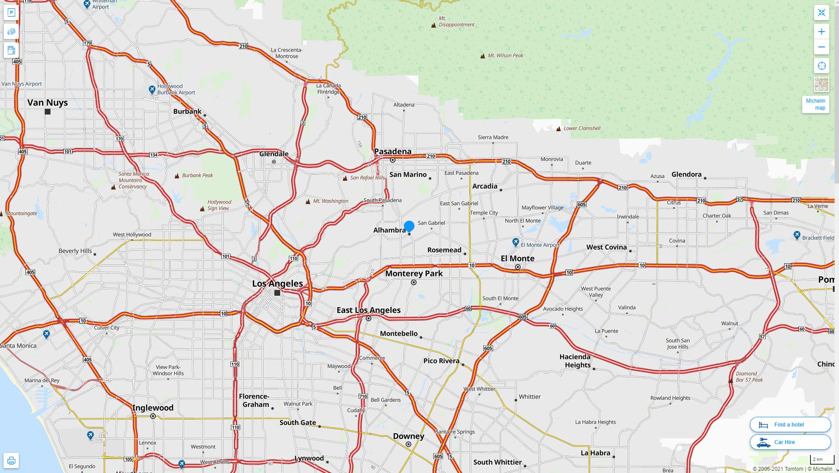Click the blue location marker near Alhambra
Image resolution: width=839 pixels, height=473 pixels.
pos(409,226)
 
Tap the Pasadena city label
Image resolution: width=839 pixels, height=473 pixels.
pos(392,151)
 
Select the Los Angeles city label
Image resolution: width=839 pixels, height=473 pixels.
pos(277,283)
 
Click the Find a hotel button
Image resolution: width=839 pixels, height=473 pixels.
pos(790,425)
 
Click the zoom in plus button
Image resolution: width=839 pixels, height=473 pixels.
pos(821,32)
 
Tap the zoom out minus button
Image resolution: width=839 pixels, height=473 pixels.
pos(821,47)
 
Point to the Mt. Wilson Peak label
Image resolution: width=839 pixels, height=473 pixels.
pos(505,56)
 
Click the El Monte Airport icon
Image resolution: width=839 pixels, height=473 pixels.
pos(516,242)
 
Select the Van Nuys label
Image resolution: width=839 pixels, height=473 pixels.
pos(47,103)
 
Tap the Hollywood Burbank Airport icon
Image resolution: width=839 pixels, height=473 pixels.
pos(152,90)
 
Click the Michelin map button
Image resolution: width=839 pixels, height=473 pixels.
pos(815,104)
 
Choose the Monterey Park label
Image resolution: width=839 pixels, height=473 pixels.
pos(414,273)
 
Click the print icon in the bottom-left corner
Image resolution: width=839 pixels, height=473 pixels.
pos(11,461)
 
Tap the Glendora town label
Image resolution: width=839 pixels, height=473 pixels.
pos(686,174)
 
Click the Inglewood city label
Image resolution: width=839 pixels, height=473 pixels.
pos(153,408)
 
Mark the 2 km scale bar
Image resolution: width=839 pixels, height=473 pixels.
pos(821,460)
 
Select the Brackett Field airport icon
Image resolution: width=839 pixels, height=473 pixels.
pos(797,236)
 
